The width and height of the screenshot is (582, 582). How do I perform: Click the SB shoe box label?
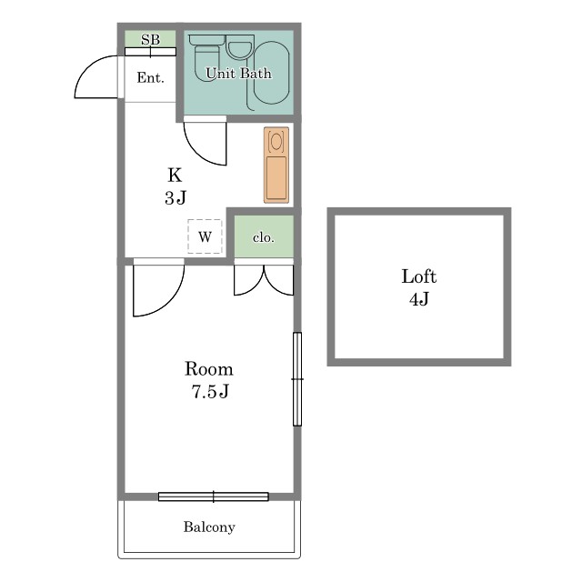coord(150,39)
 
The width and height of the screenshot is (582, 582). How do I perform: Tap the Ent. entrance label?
coord(150,77)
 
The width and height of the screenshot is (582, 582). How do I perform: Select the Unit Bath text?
coord(238,73)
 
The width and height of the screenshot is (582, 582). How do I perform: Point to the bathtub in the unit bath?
coord(271,73)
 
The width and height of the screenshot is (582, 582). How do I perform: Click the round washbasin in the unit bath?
coord(240,47)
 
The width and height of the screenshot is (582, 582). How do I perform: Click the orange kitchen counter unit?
coord(276,166)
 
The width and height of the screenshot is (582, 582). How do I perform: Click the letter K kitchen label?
coord(175,175)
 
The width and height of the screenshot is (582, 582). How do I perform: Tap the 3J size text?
coord(176,197)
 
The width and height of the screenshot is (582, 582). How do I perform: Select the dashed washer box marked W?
coord(205,236)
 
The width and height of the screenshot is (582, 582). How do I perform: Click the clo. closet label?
coord(264,237)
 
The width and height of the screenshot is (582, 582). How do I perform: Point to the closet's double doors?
coord(264,280)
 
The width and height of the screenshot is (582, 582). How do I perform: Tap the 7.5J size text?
coord(210,391)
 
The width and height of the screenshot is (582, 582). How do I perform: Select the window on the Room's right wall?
coord(297,379)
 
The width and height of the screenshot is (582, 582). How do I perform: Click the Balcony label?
coord(209,527)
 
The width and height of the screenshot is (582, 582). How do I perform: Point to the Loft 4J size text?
coord(419,299)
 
